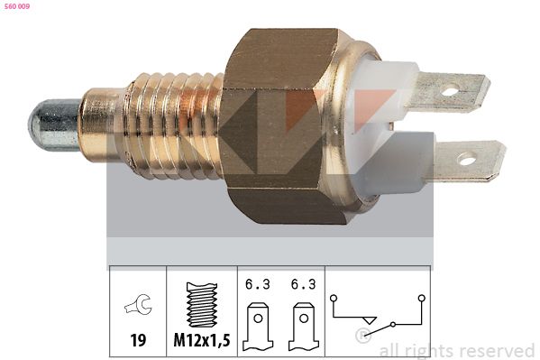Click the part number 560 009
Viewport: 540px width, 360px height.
click(x=17, y=6)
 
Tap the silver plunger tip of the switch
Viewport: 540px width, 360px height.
click(x=54, y=125)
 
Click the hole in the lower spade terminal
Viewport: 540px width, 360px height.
click(x=467, y=160)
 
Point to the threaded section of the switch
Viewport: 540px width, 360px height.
click(x=174, y=126)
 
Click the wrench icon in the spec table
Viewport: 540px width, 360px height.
click(x=138, y=304)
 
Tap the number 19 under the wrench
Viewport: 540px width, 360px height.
click(x=138, y=340)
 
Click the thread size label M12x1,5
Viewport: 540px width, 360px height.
click(x=202, y=340)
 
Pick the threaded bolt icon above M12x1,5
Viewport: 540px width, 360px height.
click(x=202, y=305)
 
